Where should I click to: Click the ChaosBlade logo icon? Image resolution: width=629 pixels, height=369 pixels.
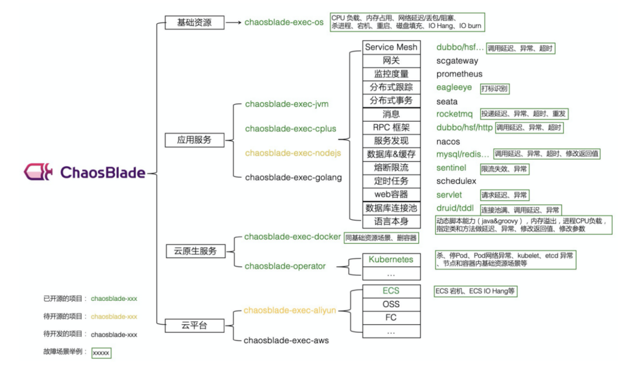[x=40, y=172]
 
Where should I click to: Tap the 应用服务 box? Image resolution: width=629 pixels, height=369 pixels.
[x=194, y=140]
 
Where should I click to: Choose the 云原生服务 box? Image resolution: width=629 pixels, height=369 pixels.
[x=195, y=251]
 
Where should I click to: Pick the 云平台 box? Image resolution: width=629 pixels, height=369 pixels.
[x=195, y=325]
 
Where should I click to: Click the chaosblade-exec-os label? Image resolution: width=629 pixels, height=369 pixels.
[x=284, y=23]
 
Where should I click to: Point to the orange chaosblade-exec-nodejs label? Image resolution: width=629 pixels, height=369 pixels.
[x=292, y=153]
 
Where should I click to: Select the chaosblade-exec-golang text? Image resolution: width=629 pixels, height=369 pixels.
[x=293, y=177]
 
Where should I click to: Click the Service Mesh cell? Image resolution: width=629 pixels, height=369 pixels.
[x=391, y=47]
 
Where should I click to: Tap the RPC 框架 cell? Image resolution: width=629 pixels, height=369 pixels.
[x=391, y=127]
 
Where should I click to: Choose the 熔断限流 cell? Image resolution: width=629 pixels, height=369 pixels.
[x=391, y=168]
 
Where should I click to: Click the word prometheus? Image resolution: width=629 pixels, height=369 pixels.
[x=460, y=74]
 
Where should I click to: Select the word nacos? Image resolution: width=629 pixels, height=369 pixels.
[x=448, y=141]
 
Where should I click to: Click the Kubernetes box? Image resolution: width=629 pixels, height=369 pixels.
[x=391, y=259]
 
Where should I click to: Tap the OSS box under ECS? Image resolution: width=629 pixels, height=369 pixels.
[x=391, y=304]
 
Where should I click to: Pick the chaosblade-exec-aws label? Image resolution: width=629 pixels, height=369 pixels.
[x=286, y=340]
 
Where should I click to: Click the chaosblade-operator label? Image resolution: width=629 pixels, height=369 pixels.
[x=285, y=266]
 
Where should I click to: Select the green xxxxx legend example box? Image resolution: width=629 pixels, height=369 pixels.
[x=101, y=353]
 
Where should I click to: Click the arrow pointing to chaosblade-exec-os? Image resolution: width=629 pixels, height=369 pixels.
[x=233, y=23]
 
